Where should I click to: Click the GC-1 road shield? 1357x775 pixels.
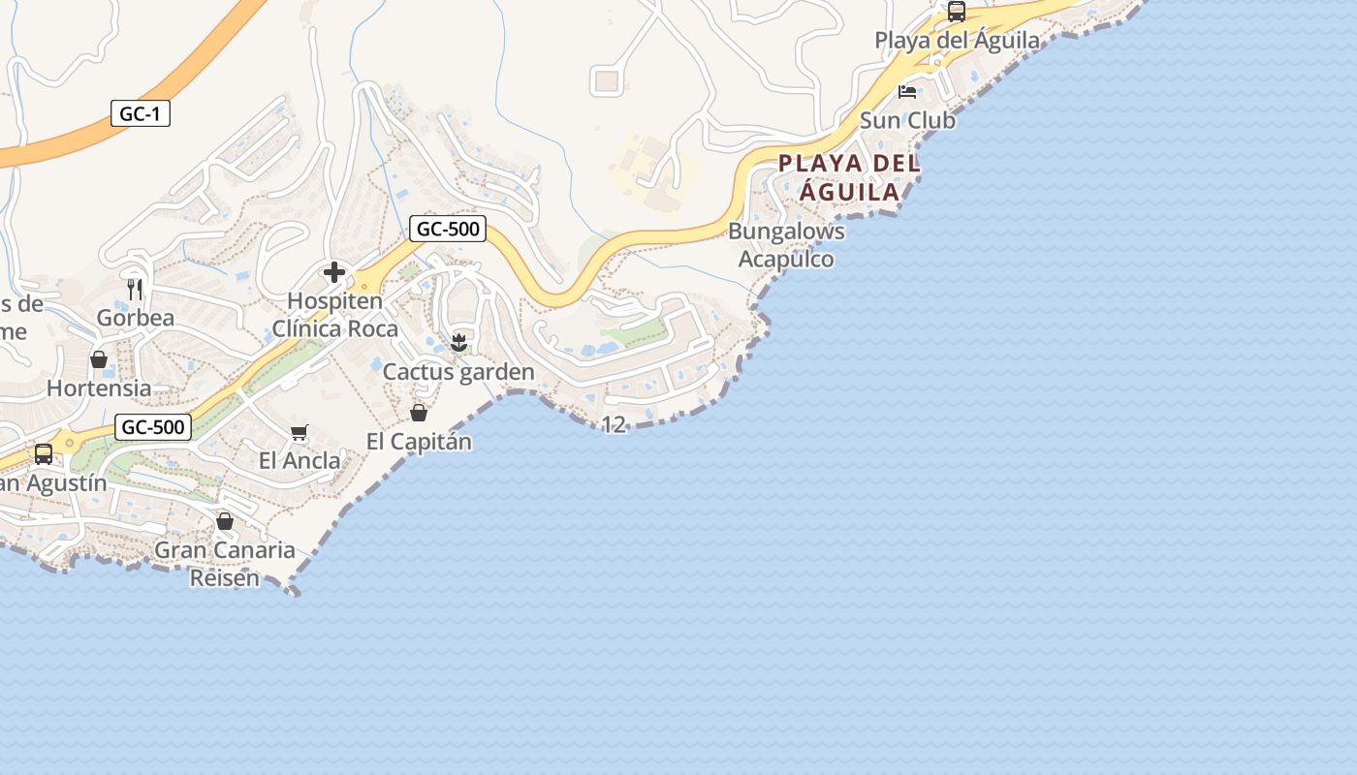click(140, 114)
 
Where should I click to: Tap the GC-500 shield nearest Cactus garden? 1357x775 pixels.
click(447, 230)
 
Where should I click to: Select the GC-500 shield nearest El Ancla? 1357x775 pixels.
click(152, 427)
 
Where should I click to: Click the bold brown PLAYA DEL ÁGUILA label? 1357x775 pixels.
click(849, 177)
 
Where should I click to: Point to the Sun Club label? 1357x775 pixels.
click(907, 121)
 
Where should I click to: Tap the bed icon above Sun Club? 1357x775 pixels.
click(907, 92)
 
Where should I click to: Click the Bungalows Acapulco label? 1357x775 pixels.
click(786, 245)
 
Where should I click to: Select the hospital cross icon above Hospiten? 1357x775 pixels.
click(334, 272)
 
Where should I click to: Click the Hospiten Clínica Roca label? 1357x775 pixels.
click(334, 315)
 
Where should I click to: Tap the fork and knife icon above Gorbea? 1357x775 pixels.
click(135, 289)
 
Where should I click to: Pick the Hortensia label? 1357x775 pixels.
click(99, 388)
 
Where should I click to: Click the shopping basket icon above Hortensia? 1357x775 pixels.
click(99, 359)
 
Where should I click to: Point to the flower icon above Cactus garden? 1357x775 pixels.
click(459, 342)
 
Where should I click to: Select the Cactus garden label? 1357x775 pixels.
click(458, 372)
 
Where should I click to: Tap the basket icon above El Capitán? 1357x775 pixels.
click(419, 413)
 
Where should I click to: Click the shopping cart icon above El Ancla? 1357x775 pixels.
click(300, 432)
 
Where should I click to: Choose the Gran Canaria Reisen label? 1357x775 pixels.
click(225, 564)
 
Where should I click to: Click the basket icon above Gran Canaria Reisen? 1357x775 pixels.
click(225, 521)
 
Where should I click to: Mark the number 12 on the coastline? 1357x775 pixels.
click(614, 424)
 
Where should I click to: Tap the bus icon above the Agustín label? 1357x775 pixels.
click(44, 453)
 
